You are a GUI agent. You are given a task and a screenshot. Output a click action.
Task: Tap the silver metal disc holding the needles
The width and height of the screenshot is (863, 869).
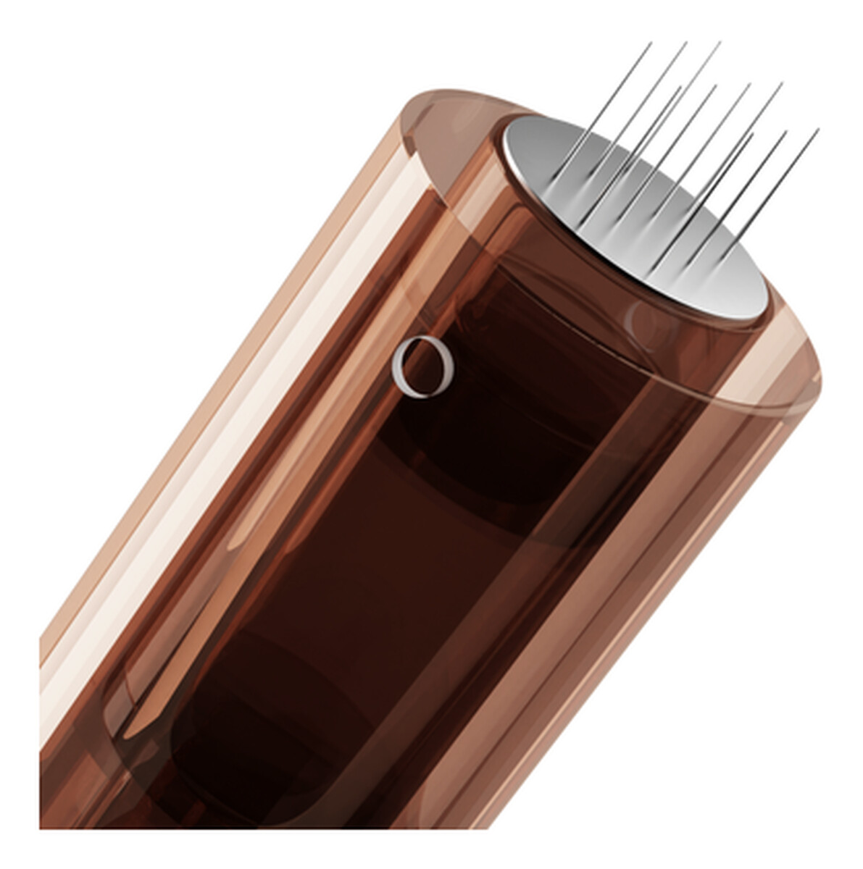point(638,217)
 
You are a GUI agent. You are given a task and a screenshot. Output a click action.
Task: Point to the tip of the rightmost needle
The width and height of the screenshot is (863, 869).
point(818,130)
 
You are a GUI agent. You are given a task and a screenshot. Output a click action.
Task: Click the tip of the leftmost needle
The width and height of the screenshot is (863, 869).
point(651,43)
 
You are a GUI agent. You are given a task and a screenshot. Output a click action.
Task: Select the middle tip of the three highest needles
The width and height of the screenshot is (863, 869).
point(685,43)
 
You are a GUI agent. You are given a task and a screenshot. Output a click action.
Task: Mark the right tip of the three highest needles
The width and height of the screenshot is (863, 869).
point(720,43)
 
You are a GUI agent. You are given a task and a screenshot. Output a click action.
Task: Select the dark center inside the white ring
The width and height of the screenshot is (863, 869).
point(424,366)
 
